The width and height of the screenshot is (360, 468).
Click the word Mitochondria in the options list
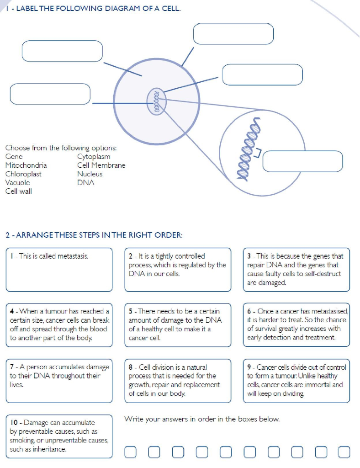pos(26,165)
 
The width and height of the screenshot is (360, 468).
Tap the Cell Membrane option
pos(101,165)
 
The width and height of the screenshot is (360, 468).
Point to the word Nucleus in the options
pos(90,174)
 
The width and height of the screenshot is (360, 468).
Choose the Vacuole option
pos(17,183)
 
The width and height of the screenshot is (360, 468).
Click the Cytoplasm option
pos(94,157)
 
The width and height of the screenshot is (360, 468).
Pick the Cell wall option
pos(18,191)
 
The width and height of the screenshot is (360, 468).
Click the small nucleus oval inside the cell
pos(155,101)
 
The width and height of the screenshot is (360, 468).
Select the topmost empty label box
pos(233,33)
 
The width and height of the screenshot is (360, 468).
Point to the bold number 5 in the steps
pos(130,311)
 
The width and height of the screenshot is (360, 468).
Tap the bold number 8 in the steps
pos(131,367)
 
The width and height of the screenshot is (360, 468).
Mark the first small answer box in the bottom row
pos(130,452)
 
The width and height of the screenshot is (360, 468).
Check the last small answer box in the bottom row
pos(344,452)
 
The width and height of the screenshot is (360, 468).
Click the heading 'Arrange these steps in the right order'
pos(94,235)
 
